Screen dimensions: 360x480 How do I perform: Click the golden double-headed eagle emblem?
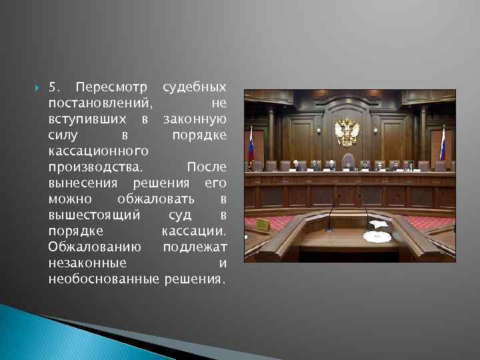coord(347,131)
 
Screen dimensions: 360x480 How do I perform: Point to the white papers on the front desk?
coord(378,227)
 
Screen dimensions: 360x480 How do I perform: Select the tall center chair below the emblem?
coord(347,161)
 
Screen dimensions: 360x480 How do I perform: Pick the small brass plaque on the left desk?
coord(262,224)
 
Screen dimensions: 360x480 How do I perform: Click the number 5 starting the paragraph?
coord(53,87)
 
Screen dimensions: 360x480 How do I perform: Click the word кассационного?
coord(97,151)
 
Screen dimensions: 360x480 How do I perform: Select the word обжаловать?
coord(155,199)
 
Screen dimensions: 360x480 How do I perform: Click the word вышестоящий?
coord(94,215)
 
